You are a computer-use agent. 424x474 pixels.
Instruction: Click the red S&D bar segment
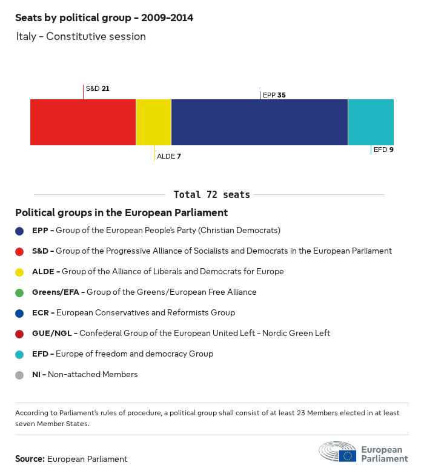coord(83,122)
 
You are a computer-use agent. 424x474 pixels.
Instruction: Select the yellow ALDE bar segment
coord(154,122)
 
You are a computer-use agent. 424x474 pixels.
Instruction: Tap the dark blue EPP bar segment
coord(259,122)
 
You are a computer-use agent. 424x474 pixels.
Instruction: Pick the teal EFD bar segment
coord(371,122)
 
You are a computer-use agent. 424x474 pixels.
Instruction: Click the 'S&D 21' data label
coord(98,88)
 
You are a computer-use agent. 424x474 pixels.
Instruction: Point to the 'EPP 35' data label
coord(274,95)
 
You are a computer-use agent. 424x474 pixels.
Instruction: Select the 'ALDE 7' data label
coord(169,156)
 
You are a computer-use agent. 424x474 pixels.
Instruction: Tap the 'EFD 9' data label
coord(383,150)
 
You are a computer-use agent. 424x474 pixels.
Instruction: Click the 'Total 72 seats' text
coord(212,195)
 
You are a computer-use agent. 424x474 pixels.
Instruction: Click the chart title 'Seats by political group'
coord(104,18)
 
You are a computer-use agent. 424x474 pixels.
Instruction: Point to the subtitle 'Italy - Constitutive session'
coord(81,36)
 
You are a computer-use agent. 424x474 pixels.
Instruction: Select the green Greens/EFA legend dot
coord(19,293)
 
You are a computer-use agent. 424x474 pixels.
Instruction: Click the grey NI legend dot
coord(19,375)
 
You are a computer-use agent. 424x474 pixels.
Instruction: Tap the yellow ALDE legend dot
coord(19,272)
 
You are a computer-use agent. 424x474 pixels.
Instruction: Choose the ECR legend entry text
coord(133,313)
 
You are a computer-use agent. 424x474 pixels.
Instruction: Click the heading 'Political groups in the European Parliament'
coord(121,213)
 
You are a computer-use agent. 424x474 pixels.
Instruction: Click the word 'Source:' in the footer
coord(30,459)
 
